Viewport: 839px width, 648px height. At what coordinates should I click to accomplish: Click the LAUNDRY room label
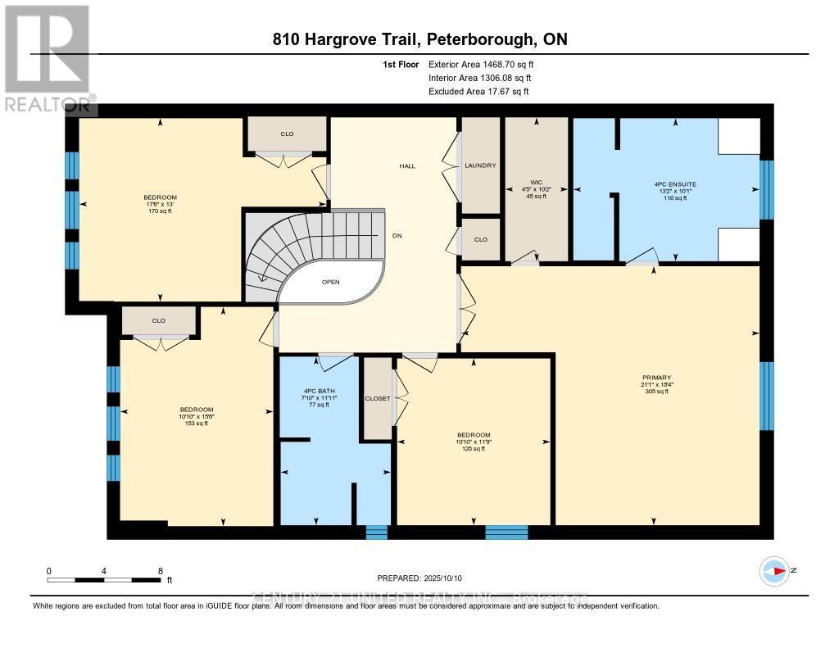point(480,165)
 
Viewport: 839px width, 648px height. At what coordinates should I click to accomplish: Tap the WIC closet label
point(537,183)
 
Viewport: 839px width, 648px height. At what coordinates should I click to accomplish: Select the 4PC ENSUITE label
point(676,184)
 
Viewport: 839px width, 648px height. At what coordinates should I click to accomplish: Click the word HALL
point(407,165)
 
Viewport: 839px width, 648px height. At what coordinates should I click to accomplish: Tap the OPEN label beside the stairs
point(330,282)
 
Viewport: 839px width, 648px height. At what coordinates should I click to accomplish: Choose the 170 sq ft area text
point(159,211)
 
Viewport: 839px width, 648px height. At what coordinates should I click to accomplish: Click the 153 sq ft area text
point(197,424)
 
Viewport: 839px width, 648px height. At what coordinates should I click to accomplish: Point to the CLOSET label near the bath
point(378,398)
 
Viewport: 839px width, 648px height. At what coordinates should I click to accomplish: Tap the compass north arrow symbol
point(773,570)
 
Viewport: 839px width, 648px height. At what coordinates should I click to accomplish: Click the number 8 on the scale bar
point(160,570)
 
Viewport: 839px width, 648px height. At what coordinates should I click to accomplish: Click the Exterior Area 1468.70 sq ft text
point(486,64)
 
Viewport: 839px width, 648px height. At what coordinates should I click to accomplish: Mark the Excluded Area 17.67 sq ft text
point(478,92)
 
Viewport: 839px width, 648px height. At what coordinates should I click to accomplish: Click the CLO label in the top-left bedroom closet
point(287,134)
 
